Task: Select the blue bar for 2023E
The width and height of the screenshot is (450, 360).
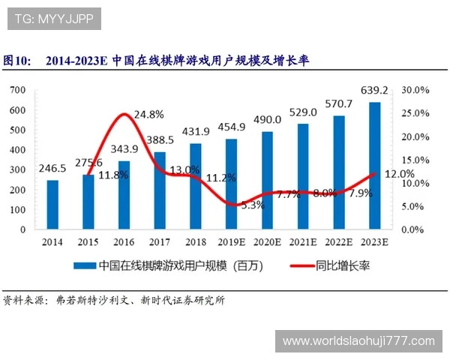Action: coord(374,165)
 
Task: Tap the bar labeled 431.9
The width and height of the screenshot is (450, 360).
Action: coord(195,186)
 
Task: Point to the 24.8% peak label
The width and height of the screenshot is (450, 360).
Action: coord(148,115)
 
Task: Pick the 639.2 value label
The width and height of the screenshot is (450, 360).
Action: coord(373,91)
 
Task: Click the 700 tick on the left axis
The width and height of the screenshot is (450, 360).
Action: coord(19,90)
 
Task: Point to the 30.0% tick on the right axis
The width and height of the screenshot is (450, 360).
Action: coord(415,90)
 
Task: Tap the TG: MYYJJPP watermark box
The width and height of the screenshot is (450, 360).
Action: coord(54,19)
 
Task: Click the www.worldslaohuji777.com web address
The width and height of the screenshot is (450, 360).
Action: coord(358,341)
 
